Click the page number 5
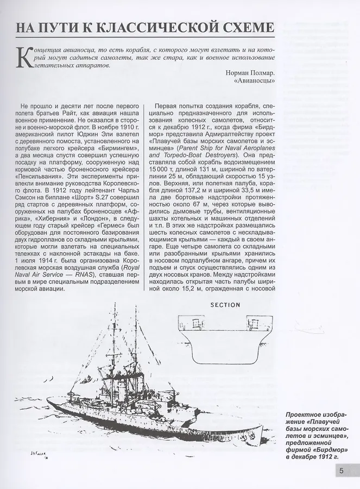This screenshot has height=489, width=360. coord(340,472)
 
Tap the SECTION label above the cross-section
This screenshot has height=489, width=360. coord(225,305)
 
